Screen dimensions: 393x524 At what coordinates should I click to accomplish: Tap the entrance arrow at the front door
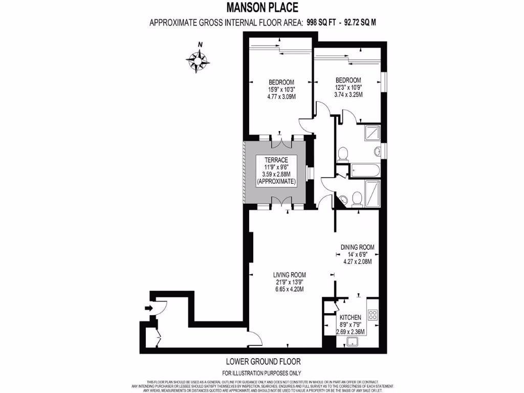pos(149,308)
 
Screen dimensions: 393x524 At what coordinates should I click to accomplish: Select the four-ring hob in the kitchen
pos(373,314)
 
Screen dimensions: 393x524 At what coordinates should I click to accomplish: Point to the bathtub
pos(364,170)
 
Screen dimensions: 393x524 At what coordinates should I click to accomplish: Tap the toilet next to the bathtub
pos(344,153)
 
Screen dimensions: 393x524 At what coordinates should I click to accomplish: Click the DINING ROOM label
pos(357,247)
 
